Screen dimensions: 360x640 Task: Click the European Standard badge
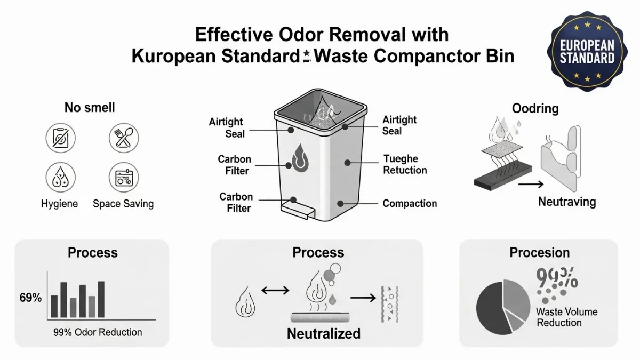point(587,52)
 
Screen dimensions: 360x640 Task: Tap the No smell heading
point(90,108)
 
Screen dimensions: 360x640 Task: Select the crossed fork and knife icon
point(124,138)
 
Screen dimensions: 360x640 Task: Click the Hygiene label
point(59,204)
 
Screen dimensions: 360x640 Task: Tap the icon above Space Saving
point(124,178)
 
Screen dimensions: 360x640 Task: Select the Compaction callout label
point(410,203)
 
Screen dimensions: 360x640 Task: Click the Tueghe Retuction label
point(405,165)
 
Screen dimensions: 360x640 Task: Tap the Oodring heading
point(535,109)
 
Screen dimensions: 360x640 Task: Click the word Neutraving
point(566,202)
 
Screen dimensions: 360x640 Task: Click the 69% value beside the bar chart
point(30,298)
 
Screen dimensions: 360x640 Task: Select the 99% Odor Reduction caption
point(98,332)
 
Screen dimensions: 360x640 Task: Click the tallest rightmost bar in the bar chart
point(101,299)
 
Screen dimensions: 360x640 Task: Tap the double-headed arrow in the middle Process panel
point(275,291)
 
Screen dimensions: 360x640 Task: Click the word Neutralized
point(324,334)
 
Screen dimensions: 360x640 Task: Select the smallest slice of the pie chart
point(516,319)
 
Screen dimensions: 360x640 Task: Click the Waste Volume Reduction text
point(566,317)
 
